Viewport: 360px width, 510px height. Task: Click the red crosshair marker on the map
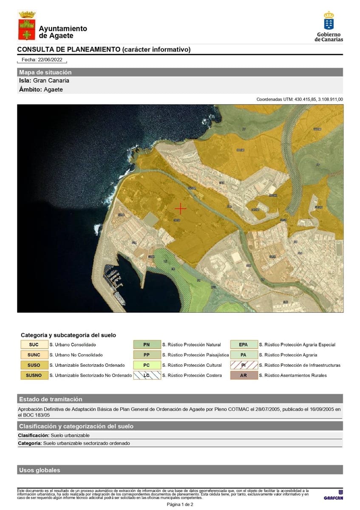[181, 208]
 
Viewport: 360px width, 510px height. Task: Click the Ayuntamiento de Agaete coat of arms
[27, 26]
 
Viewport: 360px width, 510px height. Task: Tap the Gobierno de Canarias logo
[329, 26]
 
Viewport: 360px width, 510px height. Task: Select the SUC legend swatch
[34, 345]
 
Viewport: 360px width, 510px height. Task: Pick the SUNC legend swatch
[34, 355]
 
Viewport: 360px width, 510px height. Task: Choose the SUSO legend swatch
[34, 365]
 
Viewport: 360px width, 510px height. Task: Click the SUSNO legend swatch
[34, 375]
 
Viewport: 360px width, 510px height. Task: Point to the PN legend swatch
[147, 345]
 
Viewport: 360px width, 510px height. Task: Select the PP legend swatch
[147, 355]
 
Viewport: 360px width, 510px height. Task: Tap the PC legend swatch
[147, 365]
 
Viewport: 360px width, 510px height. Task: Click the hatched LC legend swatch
[147, 375]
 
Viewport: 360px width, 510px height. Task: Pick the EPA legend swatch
[244, 345]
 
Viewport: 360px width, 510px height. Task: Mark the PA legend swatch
[244, 355]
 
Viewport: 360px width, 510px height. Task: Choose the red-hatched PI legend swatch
[244, 365]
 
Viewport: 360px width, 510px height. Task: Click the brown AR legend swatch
[244, 375]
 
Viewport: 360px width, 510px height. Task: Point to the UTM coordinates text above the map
[300, 99]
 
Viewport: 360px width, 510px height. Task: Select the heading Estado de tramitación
[51, 399]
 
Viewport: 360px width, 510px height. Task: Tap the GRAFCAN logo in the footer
[333, 495]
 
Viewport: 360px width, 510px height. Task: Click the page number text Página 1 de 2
[180, 504]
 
